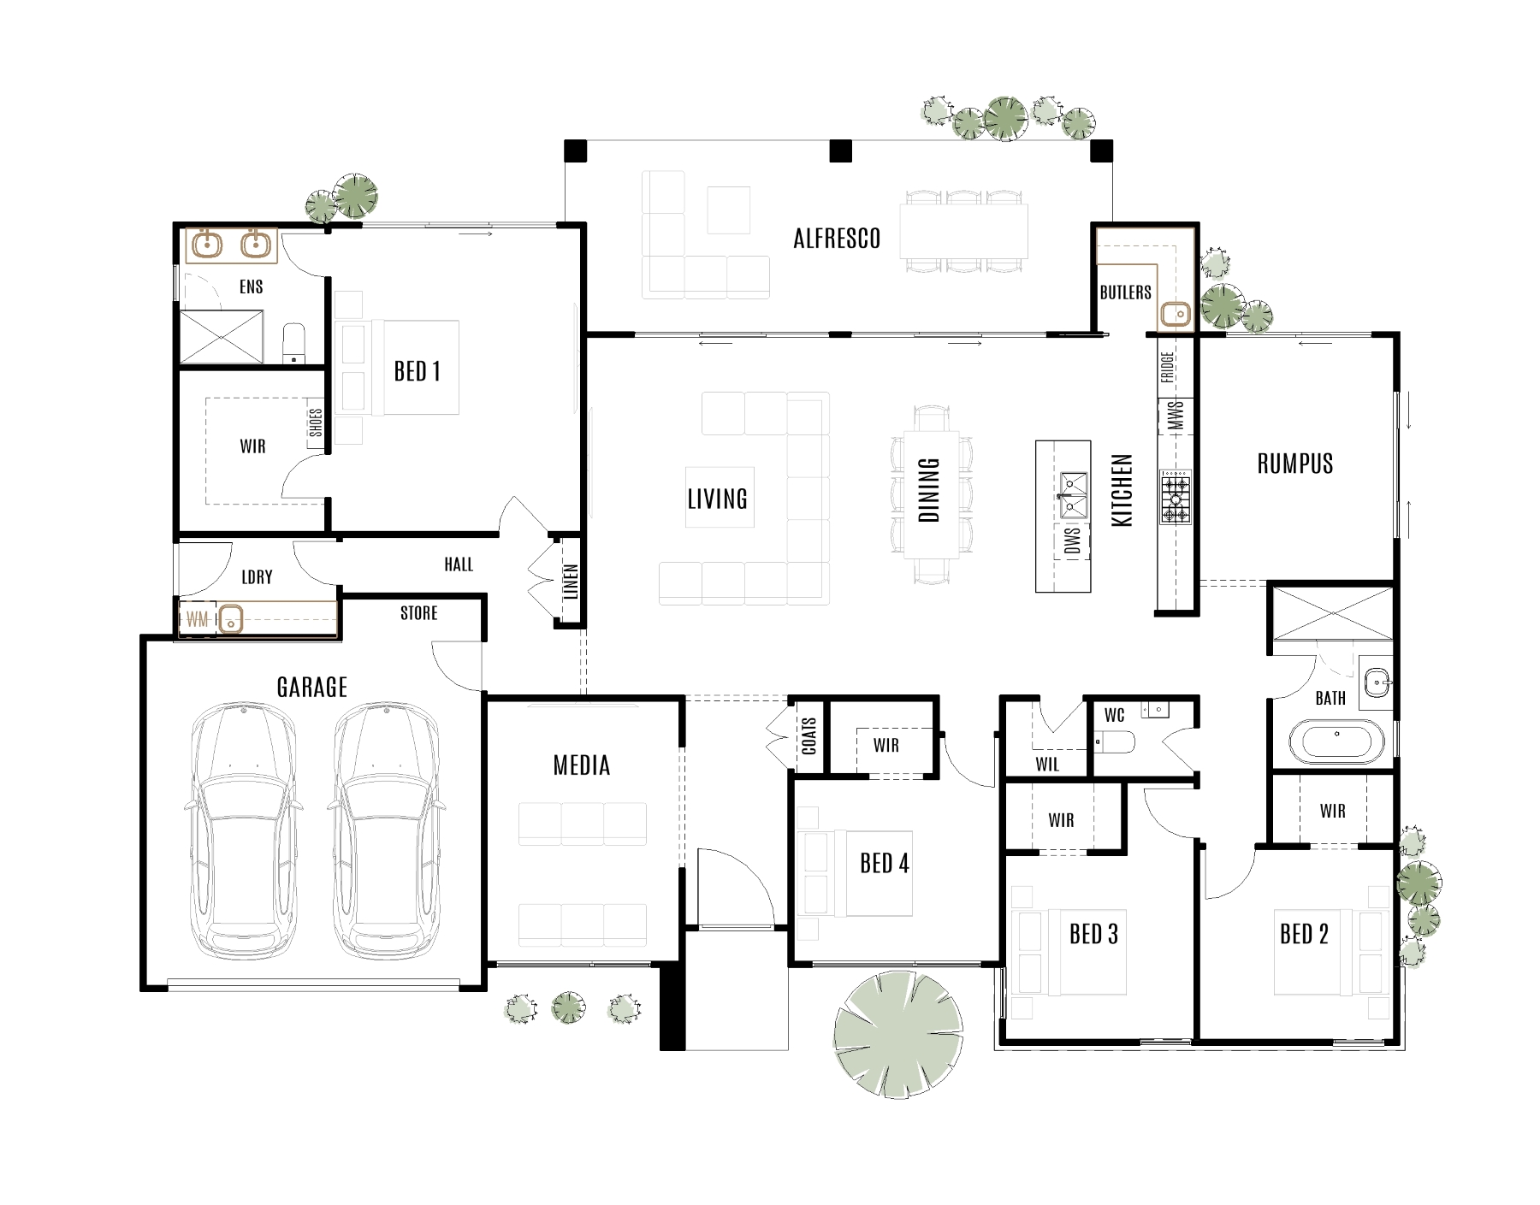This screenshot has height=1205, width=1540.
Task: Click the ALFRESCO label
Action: tap(837, 239)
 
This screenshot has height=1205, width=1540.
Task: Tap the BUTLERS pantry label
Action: tap(1125, 292)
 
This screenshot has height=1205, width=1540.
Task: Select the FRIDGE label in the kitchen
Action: tap(1168, 367)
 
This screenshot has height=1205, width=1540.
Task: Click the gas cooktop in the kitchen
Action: tap(1175, 497)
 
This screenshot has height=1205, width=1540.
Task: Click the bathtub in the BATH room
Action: tap(1335, 741)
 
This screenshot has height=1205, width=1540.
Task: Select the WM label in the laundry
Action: tap(197, 619)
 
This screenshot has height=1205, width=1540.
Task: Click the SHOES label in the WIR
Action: tap(316, 423)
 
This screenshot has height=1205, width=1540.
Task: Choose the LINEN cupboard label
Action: tap(572, 582)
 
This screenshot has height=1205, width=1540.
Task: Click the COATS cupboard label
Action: tap(809, 735)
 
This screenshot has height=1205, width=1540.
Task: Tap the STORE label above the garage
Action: tap(418, 613)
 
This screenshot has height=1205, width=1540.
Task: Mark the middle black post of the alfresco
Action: tap(841, 151)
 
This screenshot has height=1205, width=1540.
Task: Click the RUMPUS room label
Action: tap(1294, 464)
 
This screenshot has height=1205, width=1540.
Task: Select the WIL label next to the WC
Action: tap(1047, 765)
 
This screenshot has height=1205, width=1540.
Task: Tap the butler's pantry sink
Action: tap(1176, 314)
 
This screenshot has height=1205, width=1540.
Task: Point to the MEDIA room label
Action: tap(582, 765)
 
